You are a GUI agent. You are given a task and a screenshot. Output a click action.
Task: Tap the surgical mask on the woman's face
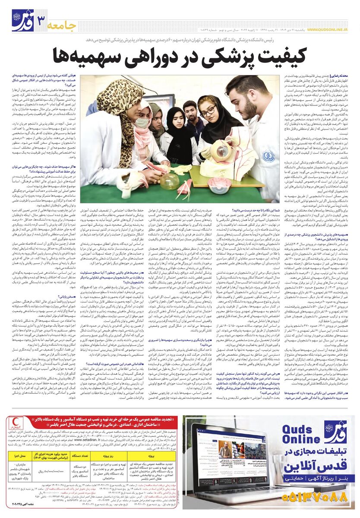142,122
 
